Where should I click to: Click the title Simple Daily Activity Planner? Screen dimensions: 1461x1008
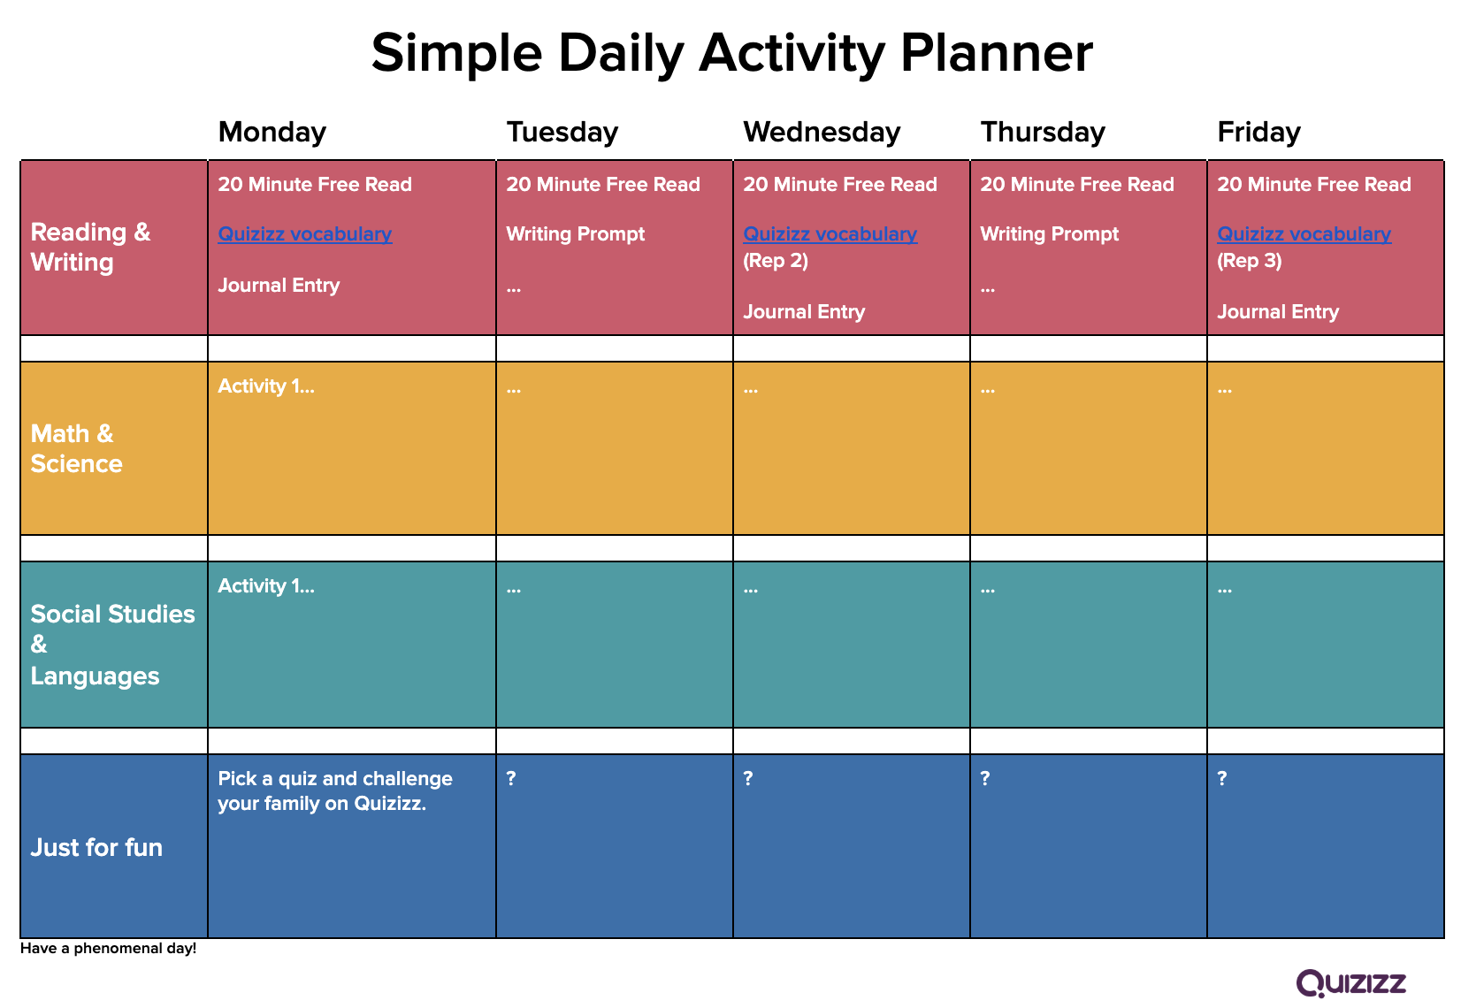(731, 54)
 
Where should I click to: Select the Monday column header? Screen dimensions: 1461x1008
(272, 133)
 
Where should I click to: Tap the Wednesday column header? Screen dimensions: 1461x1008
(822, 133)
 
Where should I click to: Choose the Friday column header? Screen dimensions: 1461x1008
(1258, 134)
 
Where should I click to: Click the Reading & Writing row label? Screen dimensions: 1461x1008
(91, 248)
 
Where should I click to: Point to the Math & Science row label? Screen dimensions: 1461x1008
(76, 448)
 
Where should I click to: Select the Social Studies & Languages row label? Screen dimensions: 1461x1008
(113, 645)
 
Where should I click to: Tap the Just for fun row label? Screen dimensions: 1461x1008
(96, 848)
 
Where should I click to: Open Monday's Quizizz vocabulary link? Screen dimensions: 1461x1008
(304, 234)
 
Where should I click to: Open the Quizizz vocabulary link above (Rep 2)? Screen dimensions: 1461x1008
(830, 234)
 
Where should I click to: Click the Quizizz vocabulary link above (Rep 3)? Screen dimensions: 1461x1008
(1304, 234)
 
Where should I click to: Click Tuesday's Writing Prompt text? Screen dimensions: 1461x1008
(575, 234)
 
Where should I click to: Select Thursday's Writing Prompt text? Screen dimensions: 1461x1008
(1050, 234)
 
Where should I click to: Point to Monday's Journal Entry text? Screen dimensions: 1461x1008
(279, 286)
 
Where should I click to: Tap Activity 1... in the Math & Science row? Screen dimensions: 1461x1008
(266, 386)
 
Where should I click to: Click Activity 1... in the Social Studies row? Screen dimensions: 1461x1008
(266, 586)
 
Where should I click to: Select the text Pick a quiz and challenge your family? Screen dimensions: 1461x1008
(335, 790)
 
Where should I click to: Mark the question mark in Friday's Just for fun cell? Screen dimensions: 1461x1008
(1222, 778)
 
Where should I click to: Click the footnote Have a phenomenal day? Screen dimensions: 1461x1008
(108, 949)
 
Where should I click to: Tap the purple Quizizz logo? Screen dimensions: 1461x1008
(1350, 983)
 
